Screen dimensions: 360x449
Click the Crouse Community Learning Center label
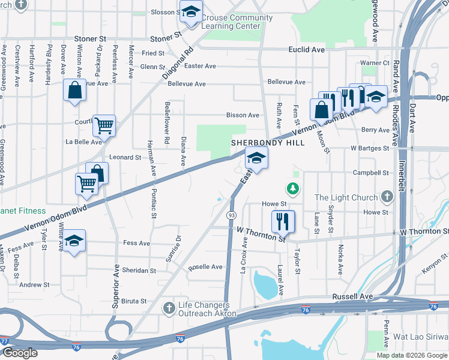pyautogui.click(x=237, y=22)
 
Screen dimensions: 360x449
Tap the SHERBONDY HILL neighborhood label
pyautogui.click(x=268, y=143)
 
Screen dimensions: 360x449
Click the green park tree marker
pyautogui.click(x=293, y=190)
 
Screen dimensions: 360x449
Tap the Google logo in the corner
pyautogui.click(x=20, y=353)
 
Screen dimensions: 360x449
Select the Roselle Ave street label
pyautogui.click(x=206, y=267)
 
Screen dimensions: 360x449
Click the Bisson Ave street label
pyautogui.click(x=243, y=115)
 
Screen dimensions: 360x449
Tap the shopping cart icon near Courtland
pyautogui.click(x=104, y=126)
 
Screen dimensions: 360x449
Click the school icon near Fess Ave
pyautogui.click(x=74, y=241)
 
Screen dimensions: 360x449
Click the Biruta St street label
pyautogui.click(x=134, y=301)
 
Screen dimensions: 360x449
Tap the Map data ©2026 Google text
pyautogui.click(x=412, y=355)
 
